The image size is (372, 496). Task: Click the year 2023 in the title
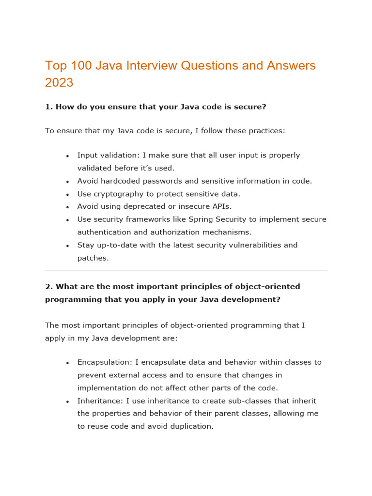point(59,82)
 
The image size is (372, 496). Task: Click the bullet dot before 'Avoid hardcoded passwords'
point(67,182)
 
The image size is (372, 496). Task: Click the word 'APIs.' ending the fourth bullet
point(221,207)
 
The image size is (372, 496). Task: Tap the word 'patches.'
point(93,258)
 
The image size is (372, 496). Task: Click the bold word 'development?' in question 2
point(253,299)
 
